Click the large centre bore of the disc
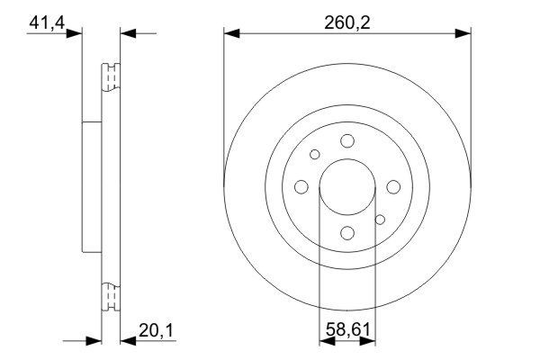tap(347, 186)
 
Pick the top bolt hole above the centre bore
tap(347, 139)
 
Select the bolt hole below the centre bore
tap(347, 233)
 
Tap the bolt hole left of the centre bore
tap(301, 186)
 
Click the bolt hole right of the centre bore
tap(393, 186)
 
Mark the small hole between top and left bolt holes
tap(315, 154)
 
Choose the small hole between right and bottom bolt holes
tap(380, 219)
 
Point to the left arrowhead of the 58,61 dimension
tap(327, 340)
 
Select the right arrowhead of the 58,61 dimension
tap(369, 340)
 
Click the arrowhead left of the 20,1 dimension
tap(93, 340)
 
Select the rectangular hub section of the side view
tap(91, 186)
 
